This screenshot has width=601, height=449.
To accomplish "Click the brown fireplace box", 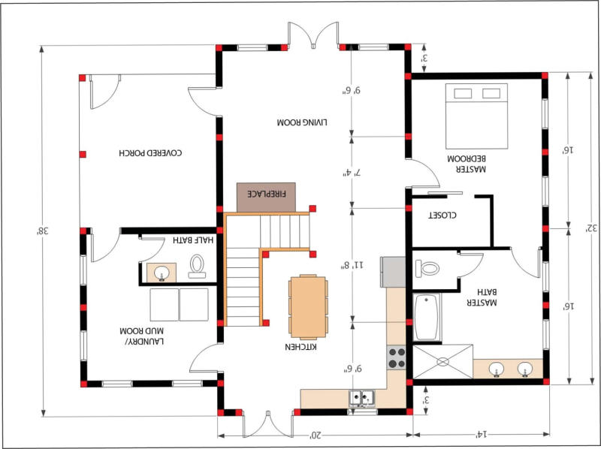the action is (x=266, y=197).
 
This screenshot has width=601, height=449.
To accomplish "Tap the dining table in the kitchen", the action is (x=308, y=307).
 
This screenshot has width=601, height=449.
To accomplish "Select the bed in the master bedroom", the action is (x=476, y=116).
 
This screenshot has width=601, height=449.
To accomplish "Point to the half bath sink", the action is (x=162, y=273).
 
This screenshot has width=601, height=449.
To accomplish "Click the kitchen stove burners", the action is (x=397, y=358).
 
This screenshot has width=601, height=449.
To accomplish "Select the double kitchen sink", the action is (x=361, y=399).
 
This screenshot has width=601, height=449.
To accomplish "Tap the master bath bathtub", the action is (x=427, y=317).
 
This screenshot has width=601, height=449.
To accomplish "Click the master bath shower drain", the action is (x=442, y=362).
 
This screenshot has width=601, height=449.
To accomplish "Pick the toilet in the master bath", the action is (x=427, y=268).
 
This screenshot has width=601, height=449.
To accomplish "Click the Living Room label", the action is (x=302, y=122).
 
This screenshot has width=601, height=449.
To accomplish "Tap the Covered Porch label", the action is (x=150, y=153).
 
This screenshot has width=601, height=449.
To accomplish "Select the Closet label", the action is (x=442, y=215).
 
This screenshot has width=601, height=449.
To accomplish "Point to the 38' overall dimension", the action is (x=42, y=231).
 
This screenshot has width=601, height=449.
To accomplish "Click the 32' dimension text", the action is (x=591, y=228).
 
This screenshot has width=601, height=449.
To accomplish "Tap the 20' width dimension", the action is (x=315, y=435).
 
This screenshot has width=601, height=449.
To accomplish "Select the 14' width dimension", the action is (x=481, y=435).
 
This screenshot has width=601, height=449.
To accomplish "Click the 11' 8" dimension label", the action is (x=353, y=265).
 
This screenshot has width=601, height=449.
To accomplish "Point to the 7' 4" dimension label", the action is (x=352, y=173).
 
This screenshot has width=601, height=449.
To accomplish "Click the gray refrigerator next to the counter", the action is (x=393, y=272).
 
